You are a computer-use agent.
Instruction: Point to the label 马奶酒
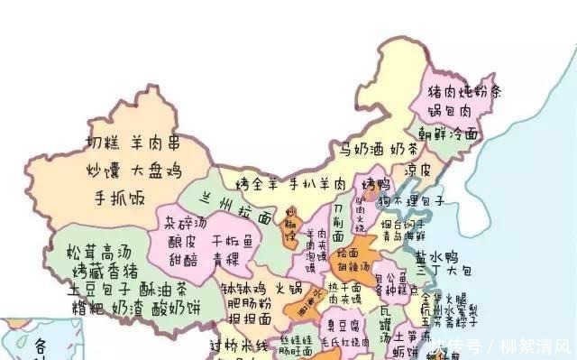point(360,149)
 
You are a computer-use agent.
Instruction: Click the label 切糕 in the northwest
point(103,143)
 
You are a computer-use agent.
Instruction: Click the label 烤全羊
point(256,184)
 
